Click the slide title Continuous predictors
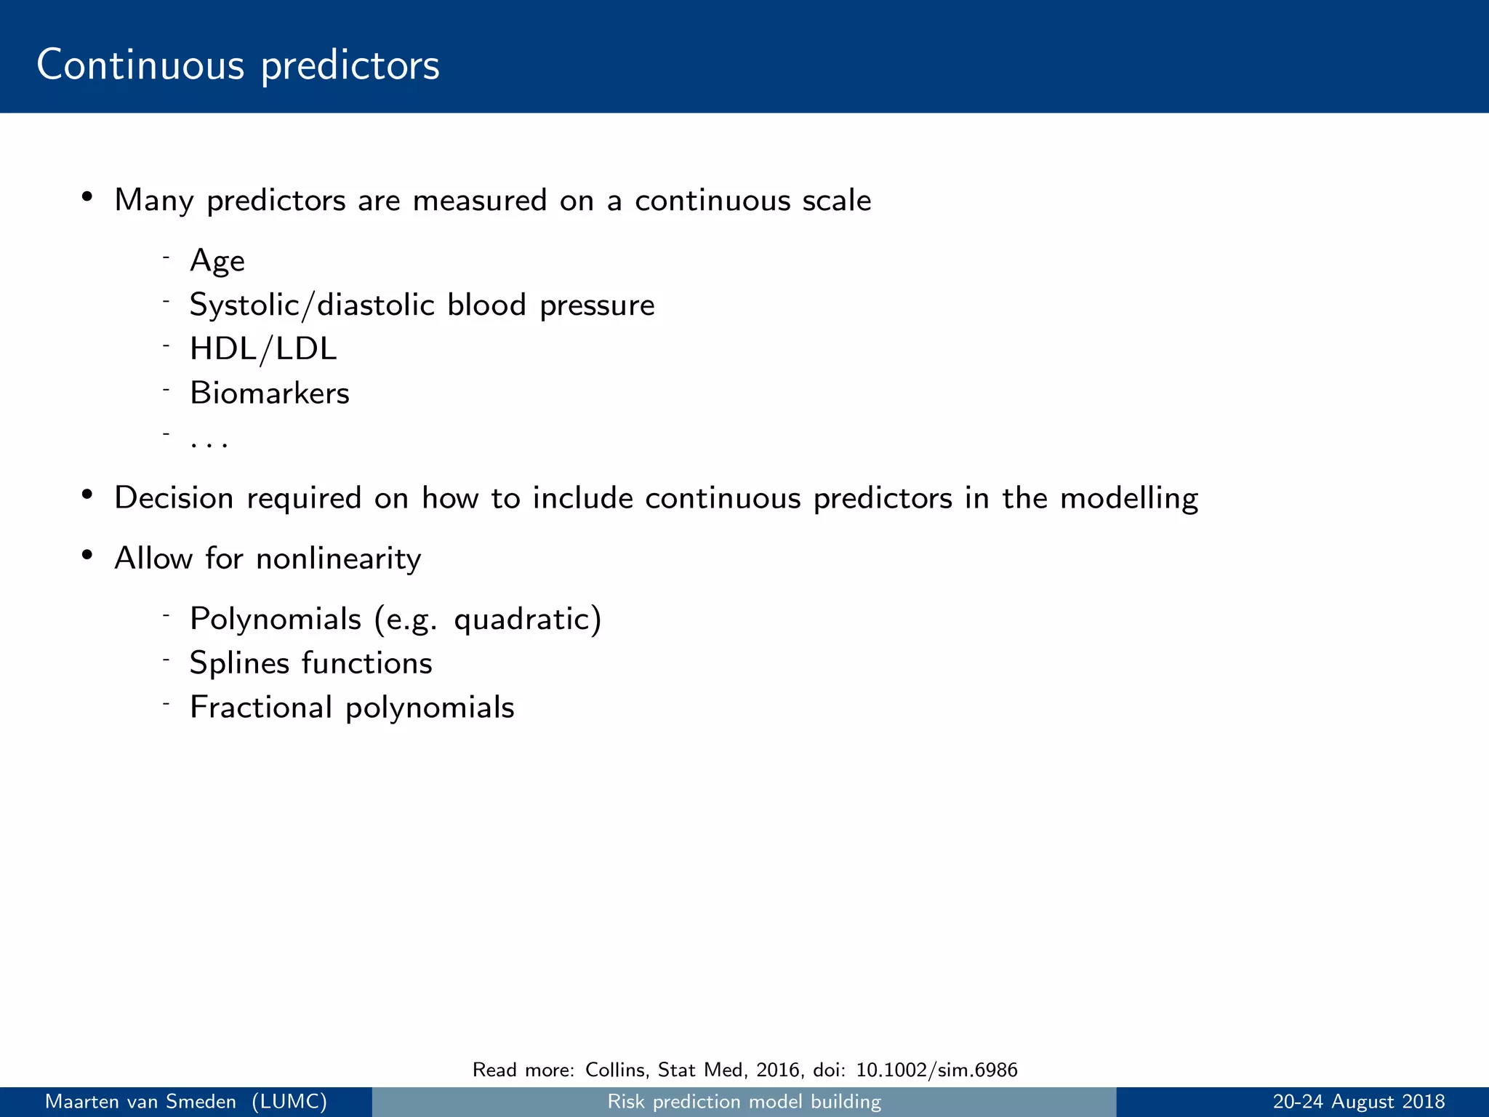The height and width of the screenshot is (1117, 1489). click(x=238, y=65)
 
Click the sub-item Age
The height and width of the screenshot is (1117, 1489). click(x=217, y=261)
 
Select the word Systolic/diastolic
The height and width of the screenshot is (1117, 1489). click(x=312, y=305)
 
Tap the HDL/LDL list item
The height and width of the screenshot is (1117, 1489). click(x=263, y=349)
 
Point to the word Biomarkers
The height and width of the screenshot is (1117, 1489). click(x=270, y=393)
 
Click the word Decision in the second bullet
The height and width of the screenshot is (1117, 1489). click(x=174, y=498)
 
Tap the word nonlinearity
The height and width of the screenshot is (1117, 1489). click(x=338, y=558)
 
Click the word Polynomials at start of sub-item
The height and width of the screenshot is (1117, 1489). click(x=276, y=620)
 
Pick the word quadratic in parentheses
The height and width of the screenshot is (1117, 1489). click(x=523, y=620)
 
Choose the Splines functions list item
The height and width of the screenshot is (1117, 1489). click(x=310, y=663)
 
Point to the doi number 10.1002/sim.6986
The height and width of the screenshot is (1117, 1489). click(x=936, y=1070)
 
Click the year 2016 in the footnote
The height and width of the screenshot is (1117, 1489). click(x=777, y=1070)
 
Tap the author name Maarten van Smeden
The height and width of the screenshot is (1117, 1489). click(x=141, y=1102)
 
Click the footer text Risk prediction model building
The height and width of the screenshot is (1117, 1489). click(x=744, y=1102)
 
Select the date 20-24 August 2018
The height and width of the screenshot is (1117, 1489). click(x=1358, y=1102)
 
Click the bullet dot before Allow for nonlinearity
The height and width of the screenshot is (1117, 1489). click(x=87, y=556)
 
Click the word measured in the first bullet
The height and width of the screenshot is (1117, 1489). click(x=479, y=201)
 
